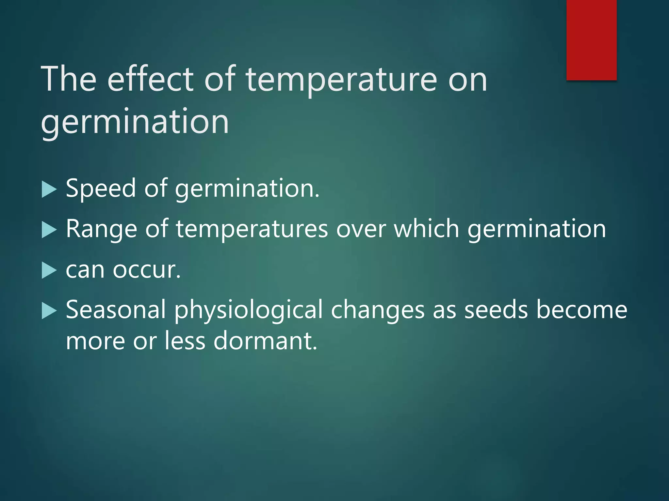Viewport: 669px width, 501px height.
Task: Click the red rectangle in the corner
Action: (591, 40)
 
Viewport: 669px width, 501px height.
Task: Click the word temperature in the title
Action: (341, 80)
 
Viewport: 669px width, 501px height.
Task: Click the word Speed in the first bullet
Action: (101, 189)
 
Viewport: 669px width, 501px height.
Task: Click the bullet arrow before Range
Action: (49, 230)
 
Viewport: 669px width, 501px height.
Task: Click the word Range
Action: (101, 229)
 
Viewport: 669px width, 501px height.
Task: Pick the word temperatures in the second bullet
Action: (252, 229)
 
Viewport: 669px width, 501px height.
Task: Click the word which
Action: (426, 229)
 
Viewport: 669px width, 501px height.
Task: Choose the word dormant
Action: (265, 341)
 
